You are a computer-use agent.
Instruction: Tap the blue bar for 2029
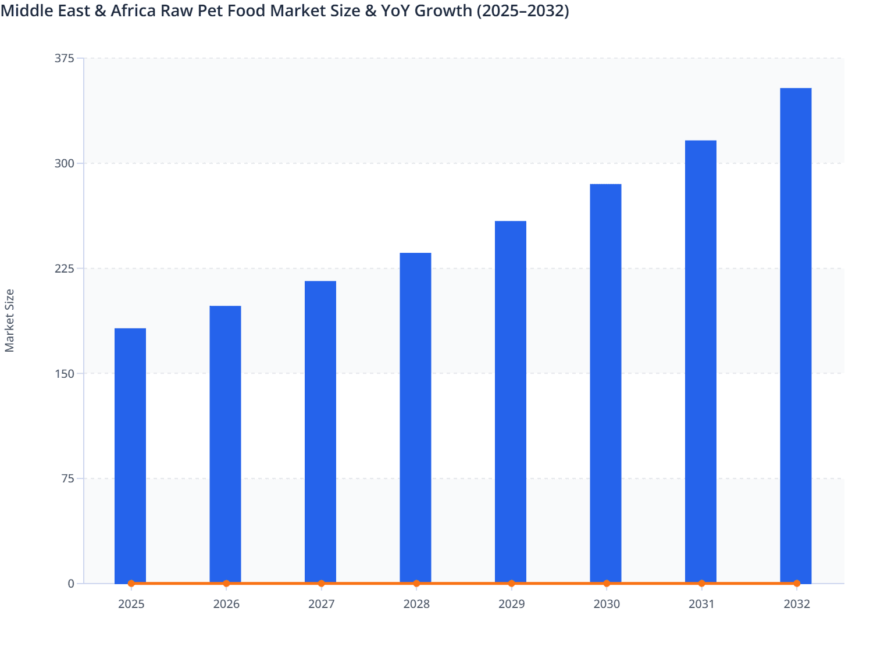(x=511, y=402)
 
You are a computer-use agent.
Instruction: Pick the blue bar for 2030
(x=605, y=383)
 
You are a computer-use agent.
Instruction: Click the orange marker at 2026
(x=226, y=583)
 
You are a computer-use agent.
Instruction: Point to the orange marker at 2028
(x=416, y=583)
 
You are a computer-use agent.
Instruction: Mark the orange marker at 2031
(x=701, y=583)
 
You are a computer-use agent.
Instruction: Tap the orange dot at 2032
(x=797, y=583)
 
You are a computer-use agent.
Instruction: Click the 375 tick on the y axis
(x=64, y=58)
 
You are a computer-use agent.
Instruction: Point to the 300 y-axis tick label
(x=64, y=163)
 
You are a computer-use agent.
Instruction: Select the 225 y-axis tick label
(x=64, y=269)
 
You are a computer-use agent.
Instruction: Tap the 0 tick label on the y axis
(x=71, y=584)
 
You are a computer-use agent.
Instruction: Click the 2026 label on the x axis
(x=226, y=604)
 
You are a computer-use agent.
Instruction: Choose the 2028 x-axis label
(x=416, y=604)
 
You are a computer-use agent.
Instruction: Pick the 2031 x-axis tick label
(x=701, y=604)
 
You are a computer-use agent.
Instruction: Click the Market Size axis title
(x=9, y=320)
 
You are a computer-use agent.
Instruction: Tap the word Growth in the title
(x=443, y=10)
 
